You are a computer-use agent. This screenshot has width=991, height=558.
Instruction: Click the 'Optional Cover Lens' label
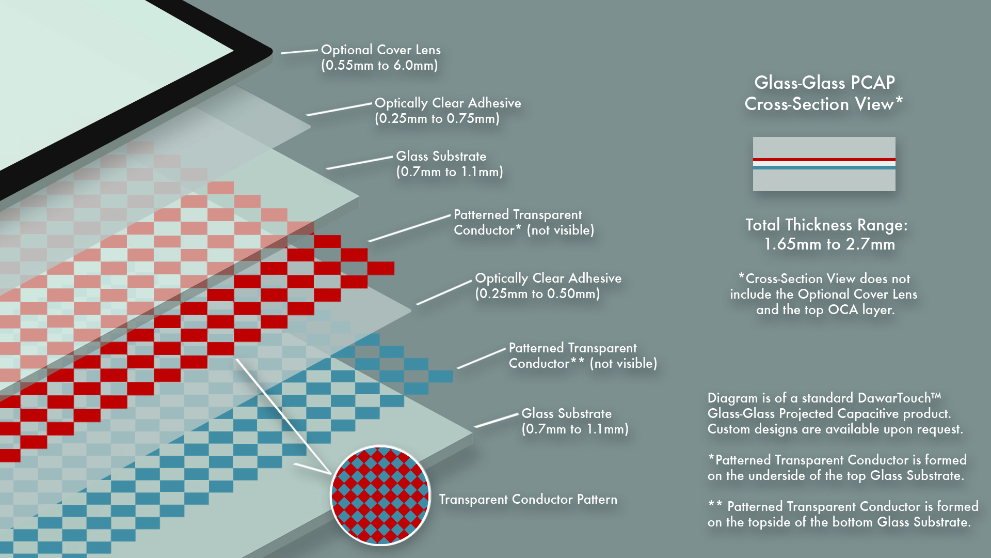[380, 50]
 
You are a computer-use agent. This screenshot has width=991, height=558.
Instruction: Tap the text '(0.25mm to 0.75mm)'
[437, 119]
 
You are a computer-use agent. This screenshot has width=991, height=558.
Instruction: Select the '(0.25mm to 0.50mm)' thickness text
[537, 294]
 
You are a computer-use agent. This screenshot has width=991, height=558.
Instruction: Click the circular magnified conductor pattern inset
[380, 496]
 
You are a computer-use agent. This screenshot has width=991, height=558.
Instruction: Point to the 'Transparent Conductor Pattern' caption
[528, 500]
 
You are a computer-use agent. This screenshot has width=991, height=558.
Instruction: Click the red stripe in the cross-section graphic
[824, 160]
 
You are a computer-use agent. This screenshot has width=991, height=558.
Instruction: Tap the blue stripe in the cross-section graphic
[824, 167]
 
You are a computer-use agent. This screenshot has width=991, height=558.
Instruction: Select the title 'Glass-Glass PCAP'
[824, 83]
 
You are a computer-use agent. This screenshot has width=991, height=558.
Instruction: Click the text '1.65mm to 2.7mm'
[829, 244]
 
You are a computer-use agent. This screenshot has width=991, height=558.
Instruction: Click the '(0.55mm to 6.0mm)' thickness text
[379, 66]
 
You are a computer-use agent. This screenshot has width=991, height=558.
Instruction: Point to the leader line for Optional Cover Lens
[299, 51]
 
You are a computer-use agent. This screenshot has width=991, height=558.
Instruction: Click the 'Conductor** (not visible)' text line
[583, 364]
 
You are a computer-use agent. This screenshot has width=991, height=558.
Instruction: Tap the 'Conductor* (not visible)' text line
[524, 230]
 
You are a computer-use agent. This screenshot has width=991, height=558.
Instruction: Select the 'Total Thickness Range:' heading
[826, 225]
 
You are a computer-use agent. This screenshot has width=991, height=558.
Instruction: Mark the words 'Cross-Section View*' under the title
[824, 104]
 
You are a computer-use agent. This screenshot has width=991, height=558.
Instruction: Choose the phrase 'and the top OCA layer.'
[825, 310]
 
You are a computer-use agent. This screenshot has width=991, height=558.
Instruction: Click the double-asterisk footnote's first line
[843, 506]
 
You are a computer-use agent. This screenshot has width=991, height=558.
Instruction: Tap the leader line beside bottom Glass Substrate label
[496, 421]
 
